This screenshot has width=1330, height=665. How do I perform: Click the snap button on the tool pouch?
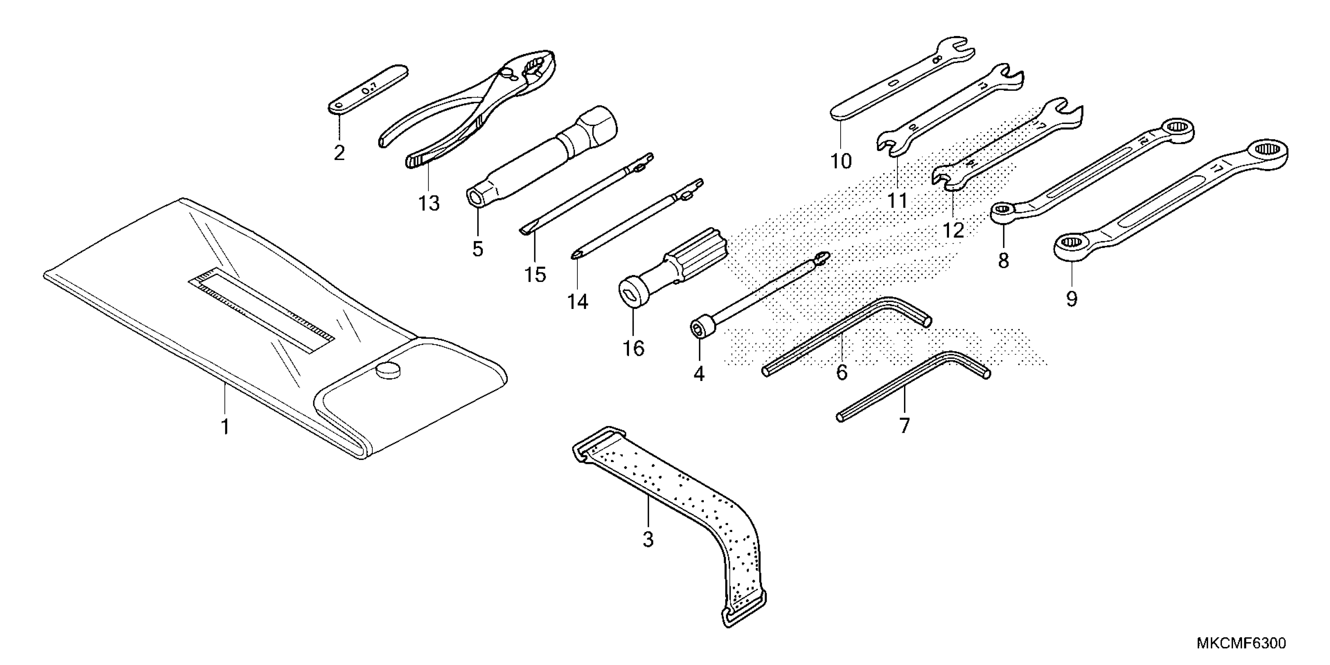[x=388, y=370]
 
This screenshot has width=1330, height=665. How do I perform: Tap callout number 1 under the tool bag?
[x=225, y=427]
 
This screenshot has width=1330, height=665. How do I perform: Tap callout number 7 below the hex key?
[x=904, y=426]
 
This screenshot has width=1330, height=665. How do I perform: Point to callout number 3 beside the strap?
[x=648, y=539]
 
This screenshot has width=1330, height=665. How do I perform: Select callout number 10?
[x=841, y=162]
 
